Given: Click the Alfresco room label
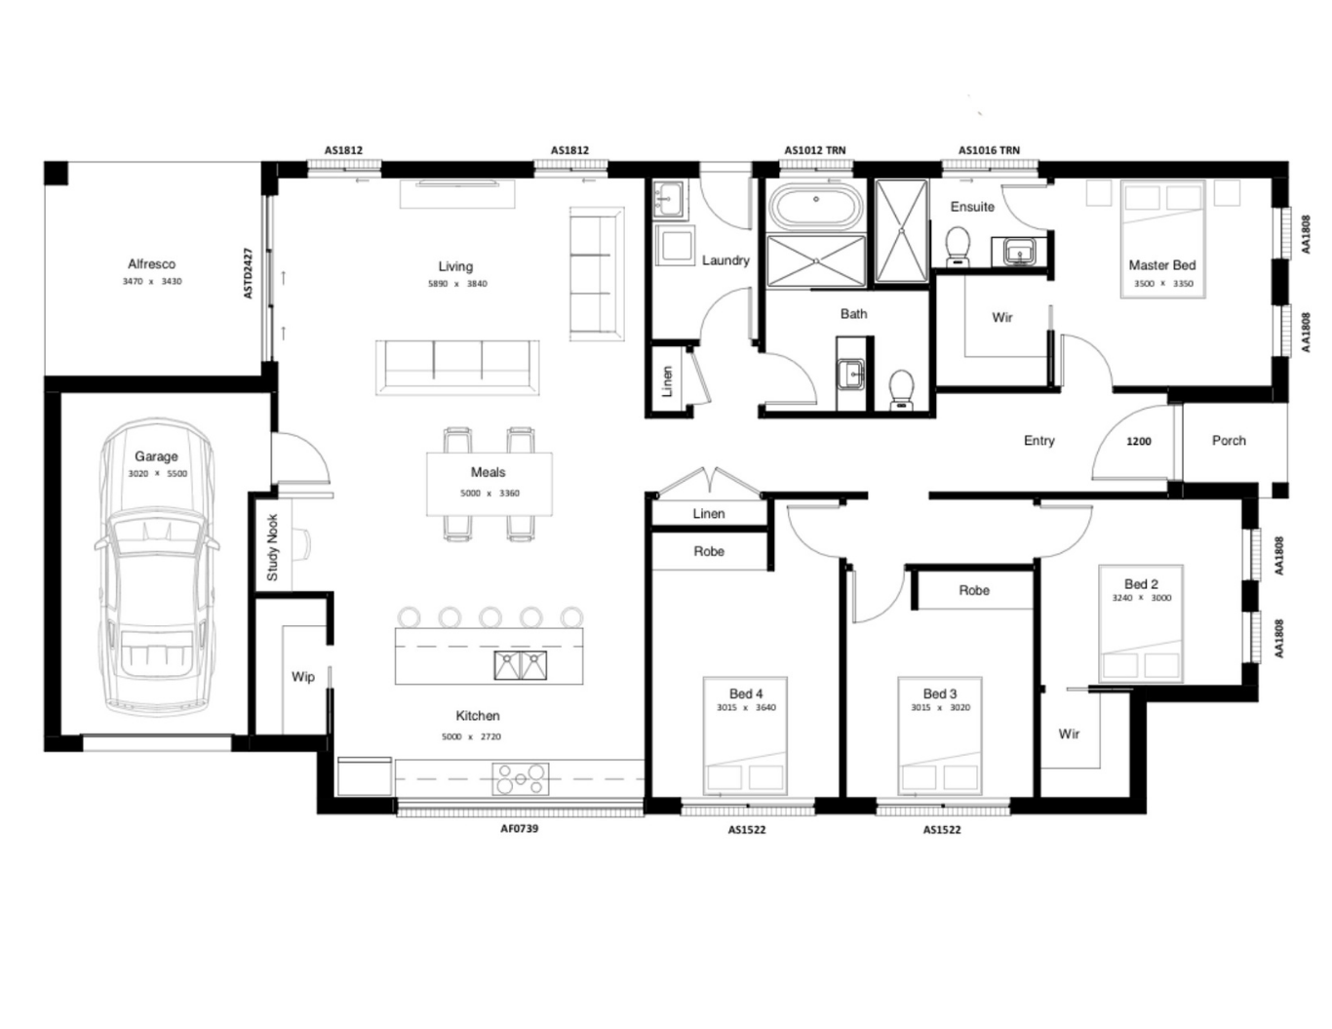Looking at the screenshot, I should click(151, 263).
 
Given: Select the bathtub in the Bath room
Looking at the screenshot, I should click(815, 207).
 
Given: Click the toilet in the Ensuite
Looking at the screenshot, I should click(958, 246).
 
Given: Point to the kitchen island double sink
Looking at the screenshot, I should click(520, 665).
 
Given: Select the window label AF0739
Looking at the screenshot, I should click(519, 829).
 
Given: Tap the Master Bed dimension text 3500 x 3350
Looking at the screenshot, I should click(1162, 284).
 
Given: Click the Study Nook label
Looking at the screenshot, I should click(272, 548).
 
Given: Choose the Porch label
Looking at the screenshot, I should click(1229, 440).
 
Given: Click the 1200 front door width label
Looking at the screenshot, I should click(1138, 441).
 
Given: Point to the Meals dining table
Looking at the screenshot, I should click(489, 483).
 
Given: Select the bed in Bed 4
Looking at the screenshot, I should click(746, 736).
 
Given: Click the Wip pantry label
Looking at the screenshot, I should click(302, 676).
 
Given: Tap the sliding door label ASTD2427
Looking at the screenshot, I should click(248, 273).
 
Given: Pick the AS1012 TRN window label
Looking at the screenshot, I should click(814, 150).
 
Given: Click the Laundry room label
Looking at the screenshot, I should click(725, 260).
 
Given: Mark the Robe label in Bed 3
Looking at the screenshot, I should click(973, 590).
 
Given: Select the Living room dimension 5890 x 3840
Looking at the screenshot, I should click(456, 284).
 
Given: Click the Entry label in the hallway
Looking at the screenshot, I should click(1038, 440).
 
